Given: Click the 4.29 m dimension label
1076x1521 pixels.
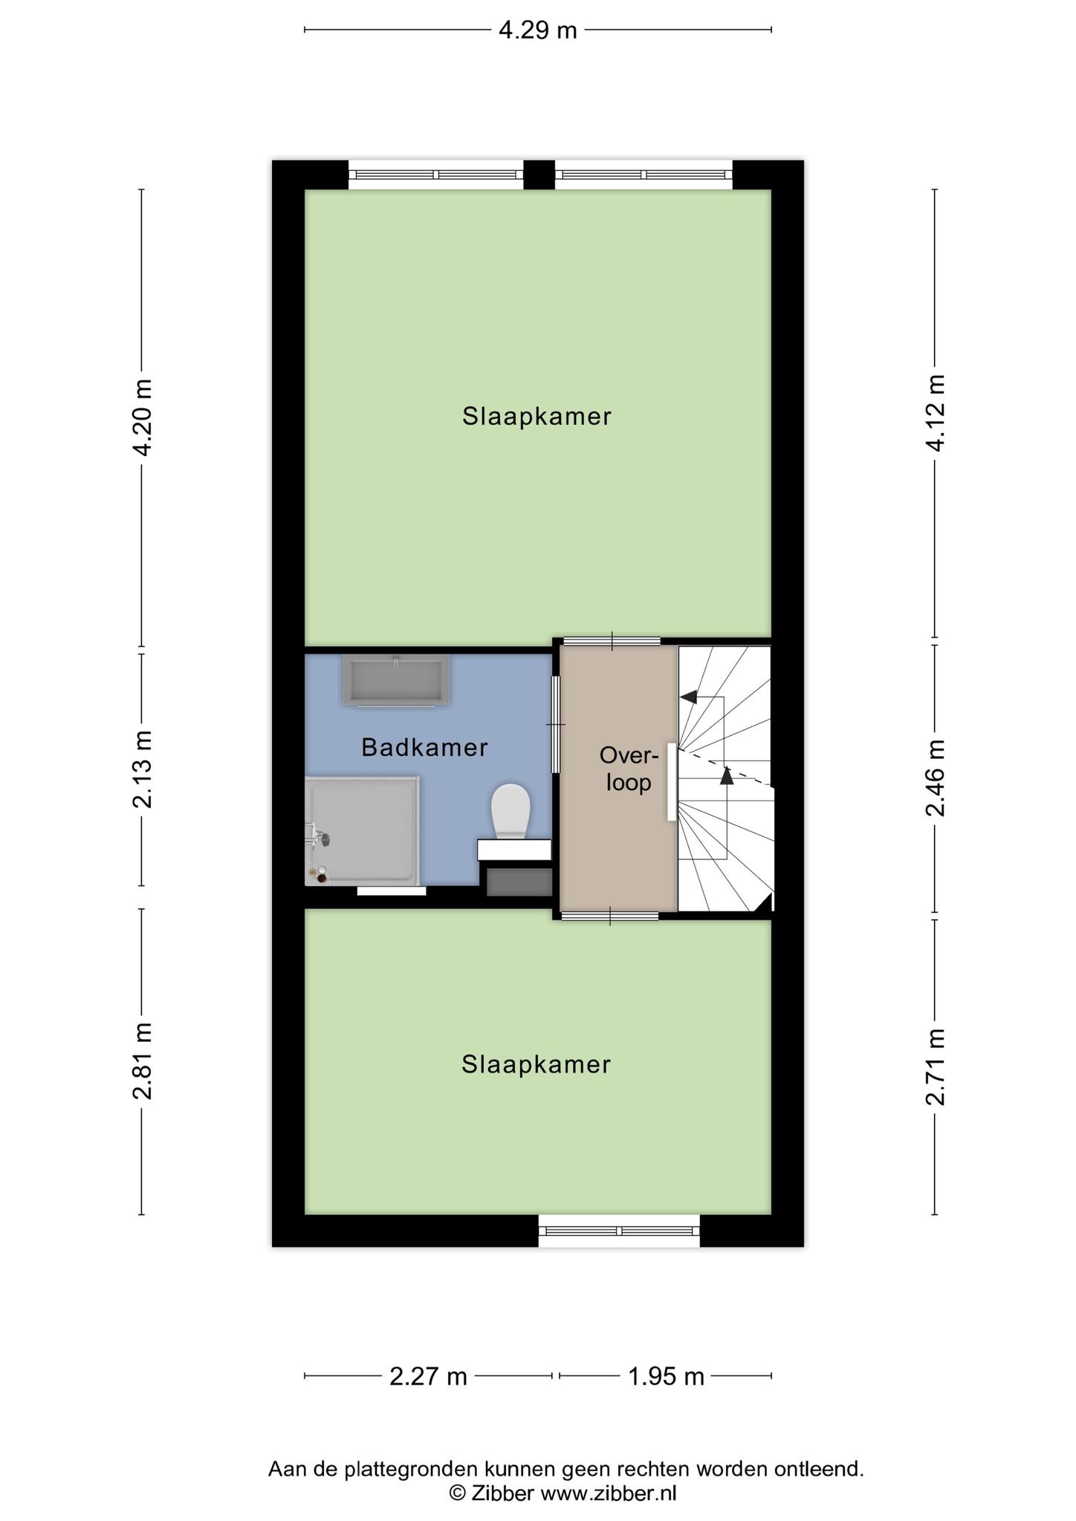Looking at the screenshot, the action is click(x=537, y=30).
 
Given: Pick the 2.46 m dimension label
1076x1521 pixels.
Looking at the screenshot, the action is click(x=935, y=778).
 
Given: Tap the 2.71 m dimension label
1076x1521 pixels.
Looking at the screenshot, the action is click(x=935, y=1067).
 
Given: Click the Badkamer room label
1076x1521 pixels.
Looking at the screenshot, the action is click(x=424, y=747).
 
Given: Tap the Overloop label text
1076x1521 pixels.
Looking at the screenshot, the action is click(x=629, y=769).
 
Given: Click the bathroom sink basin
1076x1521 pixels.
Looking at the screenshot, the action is click(x=396, y=680).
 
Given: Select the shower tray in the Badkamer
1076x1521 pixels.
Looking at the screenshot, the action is click(x=363, y=831).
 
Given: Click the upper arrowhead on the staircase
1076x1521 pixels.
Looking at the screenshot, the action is click(x=689, y=697).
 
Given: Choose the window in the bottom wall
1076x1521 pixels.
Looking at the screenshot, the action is click(x=620, y=1231).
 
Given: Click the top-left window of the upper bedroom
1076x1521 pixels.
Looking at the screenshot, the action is click(x=436, y=175).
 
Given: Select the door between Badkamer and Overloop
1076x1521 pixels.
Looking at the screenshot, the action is click(x=556, y=724).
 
